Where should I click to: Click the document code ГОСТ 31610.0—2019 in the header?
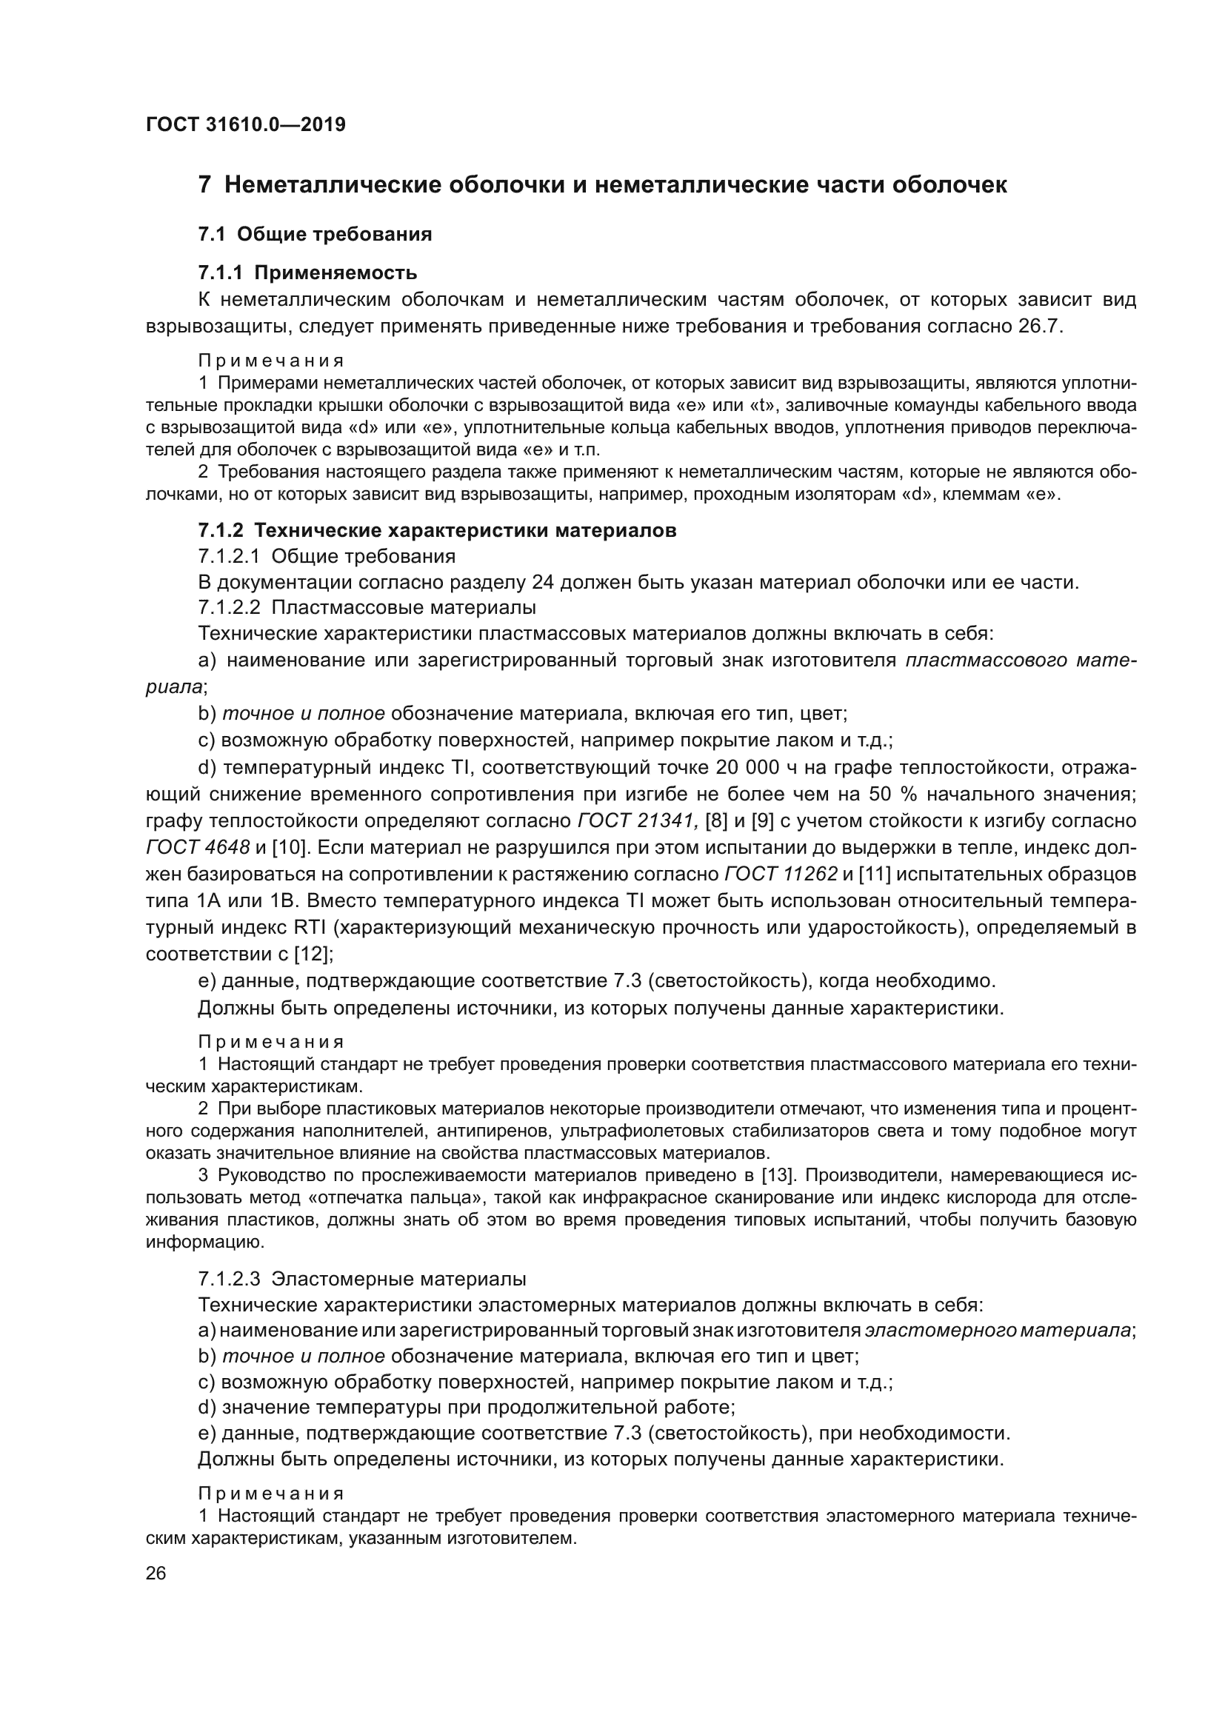245,124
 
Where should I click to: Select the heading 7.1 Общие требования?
315,234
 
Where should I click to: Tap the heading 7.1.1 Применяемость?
307,272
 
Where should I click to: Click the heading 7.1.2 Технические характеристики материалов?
437,530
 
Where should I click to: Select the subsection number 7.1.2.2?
229,607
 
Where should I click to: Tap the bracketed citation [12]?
311,954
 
